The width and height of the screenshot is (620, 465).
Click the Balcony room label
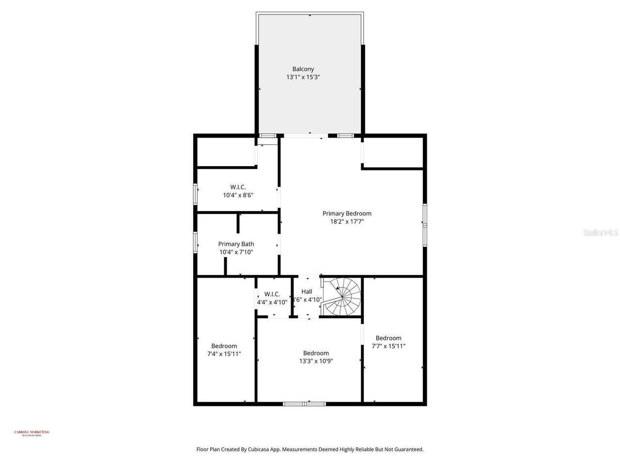(303, 69)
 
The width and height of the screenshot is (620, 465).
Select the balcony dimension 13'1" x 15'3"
(303, 77)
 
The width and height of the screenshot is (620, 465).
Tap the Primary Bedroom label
(347, 214)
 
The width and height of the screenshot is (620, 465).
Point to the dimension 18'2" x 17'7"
(347, 222)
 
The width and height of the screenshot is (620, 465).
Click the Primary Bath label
(236, 244)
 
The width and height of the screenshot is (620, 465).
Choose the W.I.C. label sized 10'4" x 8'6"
(238, 187)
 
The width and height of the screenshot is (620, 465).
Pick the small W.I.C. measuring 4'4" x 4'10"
(272, 294)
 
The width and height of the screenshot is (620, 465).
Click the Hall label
(307, 292)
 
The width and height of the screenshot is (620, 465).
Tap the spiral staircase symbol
(343, 297)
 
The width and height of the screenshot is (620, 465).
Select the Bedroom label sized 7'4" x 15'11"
(224, 346)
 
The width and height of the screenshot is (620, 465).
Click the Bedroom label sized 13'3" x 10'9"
(316, 353)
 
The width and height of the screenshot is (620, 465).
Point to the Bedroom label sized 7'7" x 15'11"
(388, 338)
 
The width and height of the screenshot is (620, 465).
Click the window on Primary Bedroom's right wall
(425, 222)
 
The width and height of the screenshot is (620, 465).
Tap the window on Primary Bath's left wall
(196, 242)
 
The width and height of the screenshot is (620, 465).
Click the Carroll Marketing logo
(31, 433)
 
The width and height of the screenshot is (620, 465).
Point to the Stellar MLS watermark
(601, 233)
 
